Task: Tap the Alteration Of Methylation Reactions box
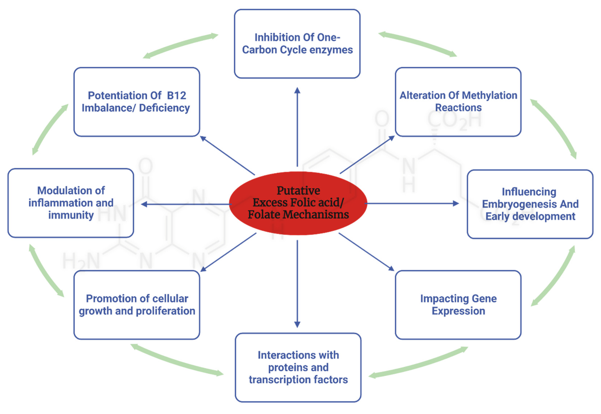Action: (458, 102)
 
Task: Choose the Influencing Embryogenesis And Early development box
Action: (530, 204)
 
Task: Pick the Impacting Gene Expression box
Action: (458, 305)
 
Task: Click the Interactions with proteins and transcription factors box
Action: (298, 367)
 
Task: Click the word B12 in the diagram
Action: (176, 95)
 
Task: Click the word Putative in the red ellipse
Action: (298, 191)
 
